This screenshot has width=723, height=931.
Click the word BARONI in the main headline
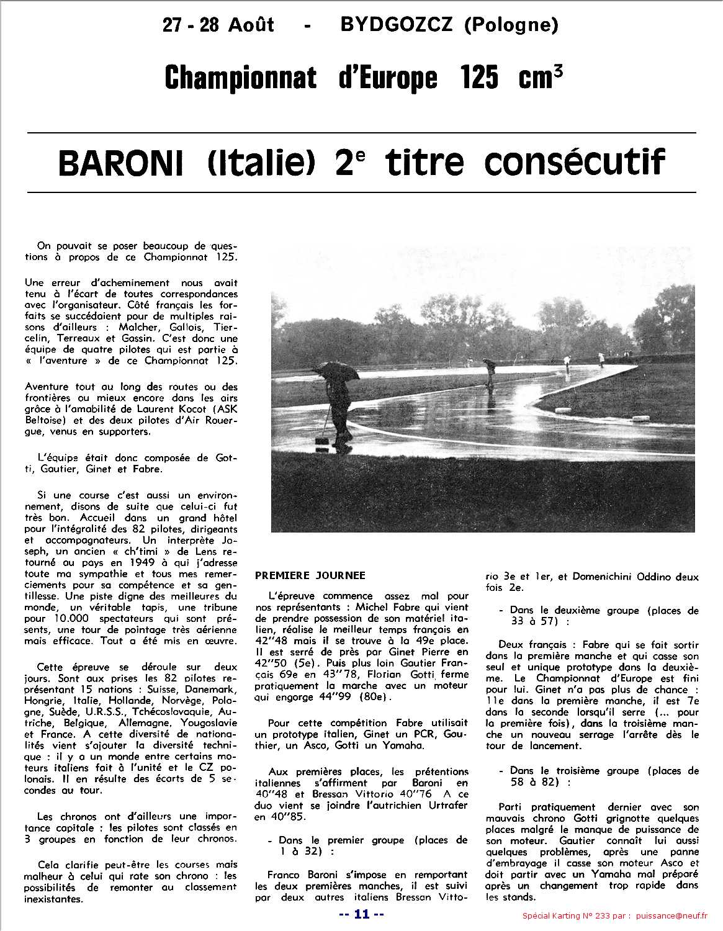pyautogui.click(x=121, y=163)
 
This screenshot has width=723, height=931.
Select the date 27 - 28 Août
pyautogui.click(x=218, y=24)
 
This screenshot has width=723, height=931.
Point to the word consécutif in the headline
pyautogui.click(x=574, y=162)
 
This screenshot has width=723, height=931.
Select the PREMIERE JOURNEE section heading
pyautogui.click(x=310, y=575)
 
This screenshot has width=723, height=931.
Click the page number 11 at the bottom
pyautogui.click(x=361, y=914)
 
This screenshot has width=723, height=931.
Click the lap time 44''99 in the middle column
pyautogui.click(x=338, y=696)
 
